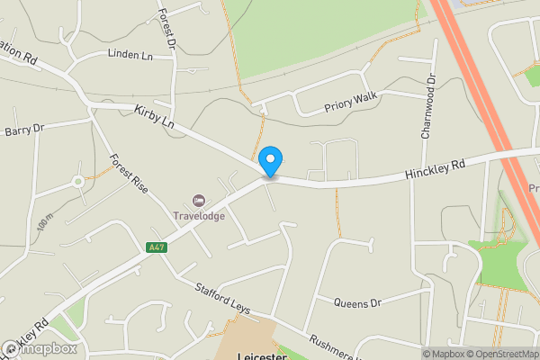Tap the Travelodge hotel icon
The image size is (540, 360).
click(x=198, y=199)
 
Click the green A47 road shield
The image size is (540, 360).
click(x=157, y=247)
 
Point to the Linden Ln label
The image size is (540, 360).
click(x=130, y=55)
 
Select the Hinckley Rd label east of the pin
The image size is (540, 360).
click(x=434, y=168)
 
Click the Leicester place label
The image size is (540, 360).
click(x=261, y=355)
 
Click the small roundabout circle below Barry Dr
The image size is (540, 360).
click(x=78, y=182)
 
